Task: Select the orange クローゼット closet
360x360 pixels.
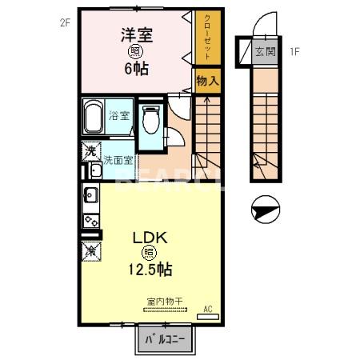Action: tap(206, 38)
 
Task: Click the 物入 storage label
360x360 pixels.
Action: tap(206, 81)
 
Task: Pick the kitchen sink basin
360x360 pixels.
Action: tap(90, 194)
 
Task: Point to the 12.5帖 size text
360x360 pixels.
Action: tap(149, 270)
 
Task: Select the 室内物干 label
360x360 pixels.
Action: tap(164, 302)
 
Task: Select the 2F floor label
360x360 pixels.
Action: tap(65, 22)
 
